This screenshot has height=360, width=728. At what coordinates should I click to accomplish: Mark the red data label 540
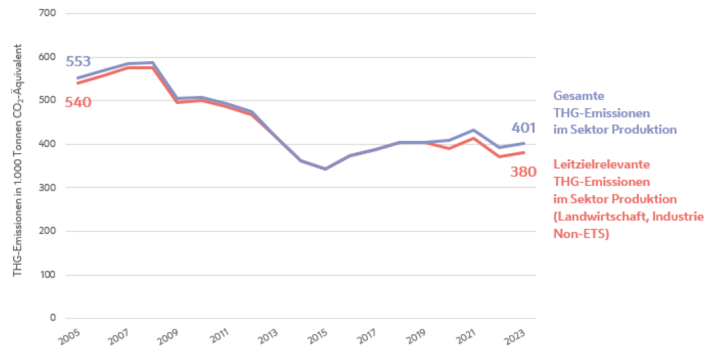click(78, 102)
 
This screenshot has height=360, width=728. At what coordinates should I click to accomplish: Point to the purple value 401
click(524, 128)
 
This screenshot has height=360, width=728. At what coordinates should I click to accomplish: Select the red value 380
click(523, 171)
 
